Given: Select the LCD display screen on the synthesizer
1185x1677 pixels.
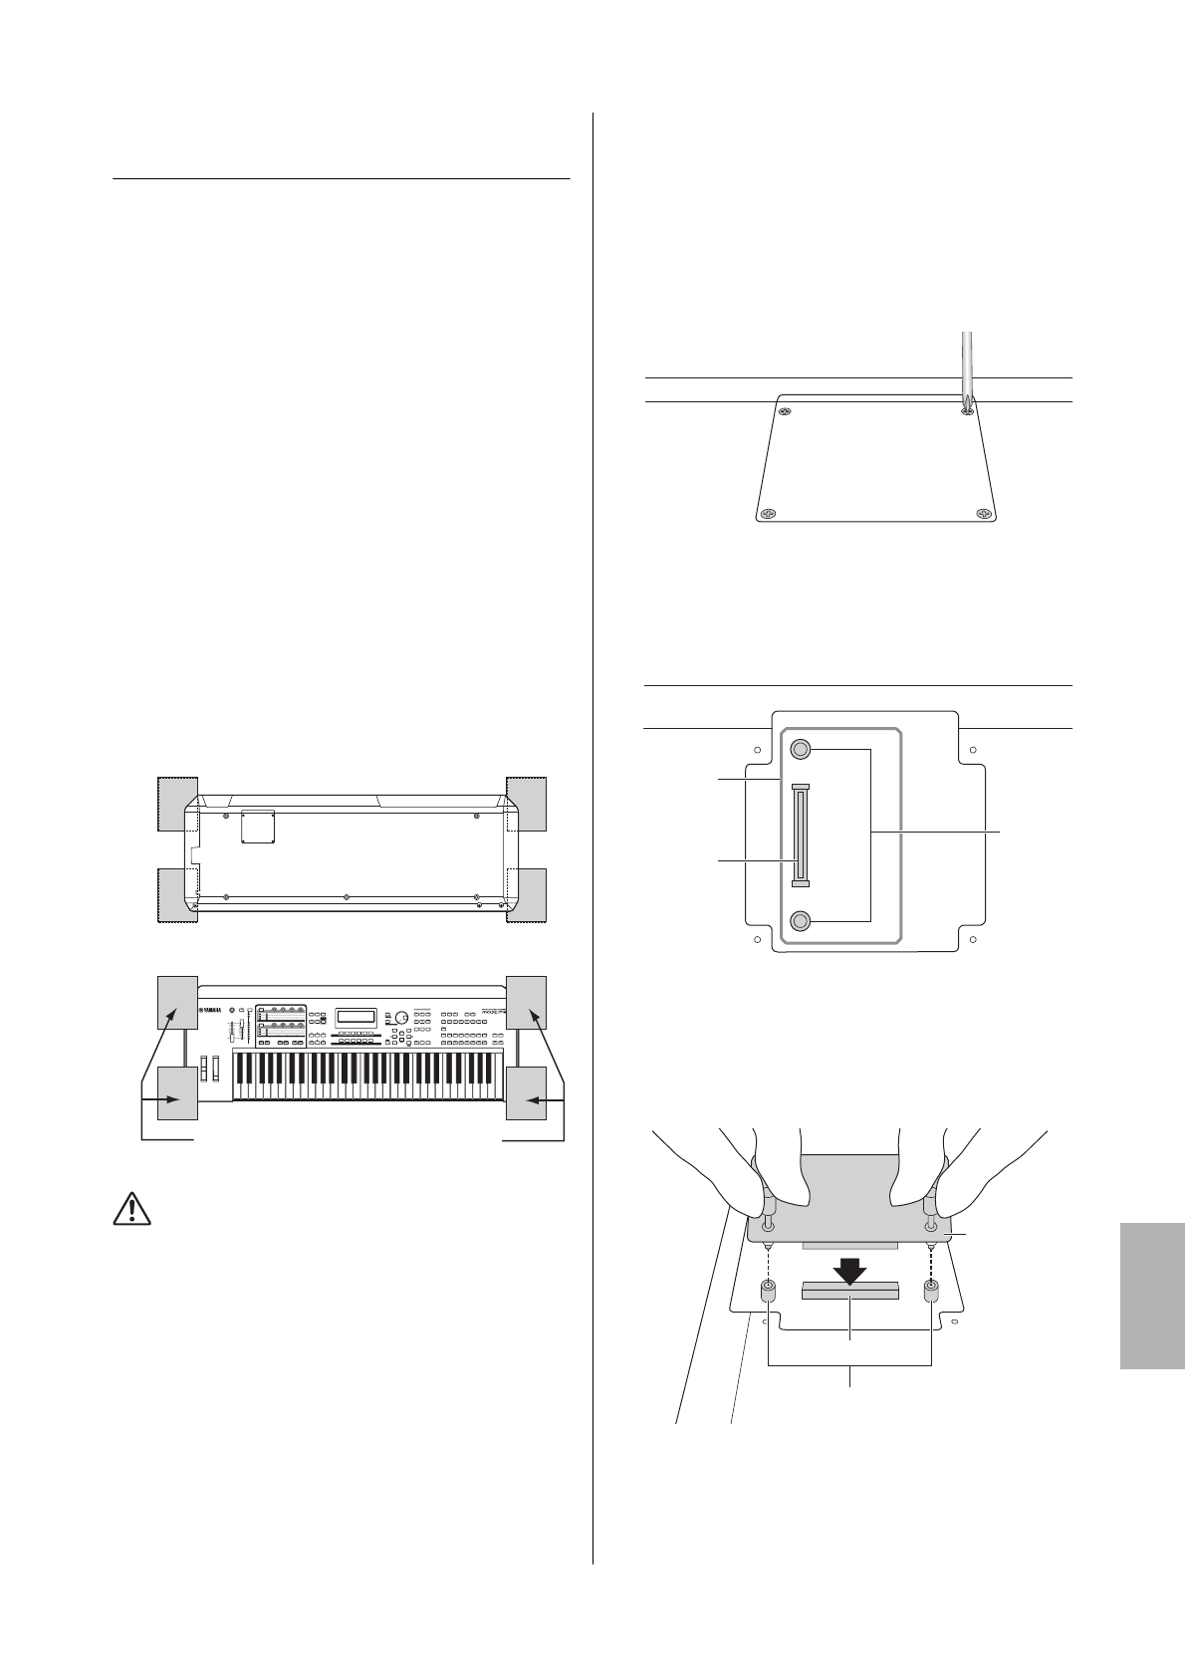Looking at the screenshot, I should click(x=356, y=1017).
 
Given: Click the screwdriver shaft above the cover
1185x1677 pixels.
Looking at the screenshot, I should click(x=964, y=363).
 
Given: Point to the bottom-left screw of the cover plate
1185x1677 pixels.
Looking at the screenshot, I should click(x=767, y=514).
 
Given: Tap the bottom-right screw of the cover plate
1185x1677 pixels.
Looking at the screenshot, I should click(x=983, y=514).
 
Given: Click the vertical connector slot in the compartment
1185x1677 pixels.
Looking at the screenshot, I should click(x=801, y=835).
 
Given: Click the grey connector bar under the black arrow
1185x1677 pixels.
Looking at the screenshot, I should click(x=849, y=1292).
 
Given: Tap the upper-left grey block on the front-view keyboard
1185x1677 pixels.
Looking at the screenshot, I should click(x=177, y=1002).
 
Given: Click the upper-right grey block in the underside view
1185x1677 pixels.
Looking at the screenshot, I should click(x=526, y=803).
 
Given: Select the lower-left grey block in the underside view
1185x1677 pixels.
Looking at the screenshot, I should click(x=177, y=894).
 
